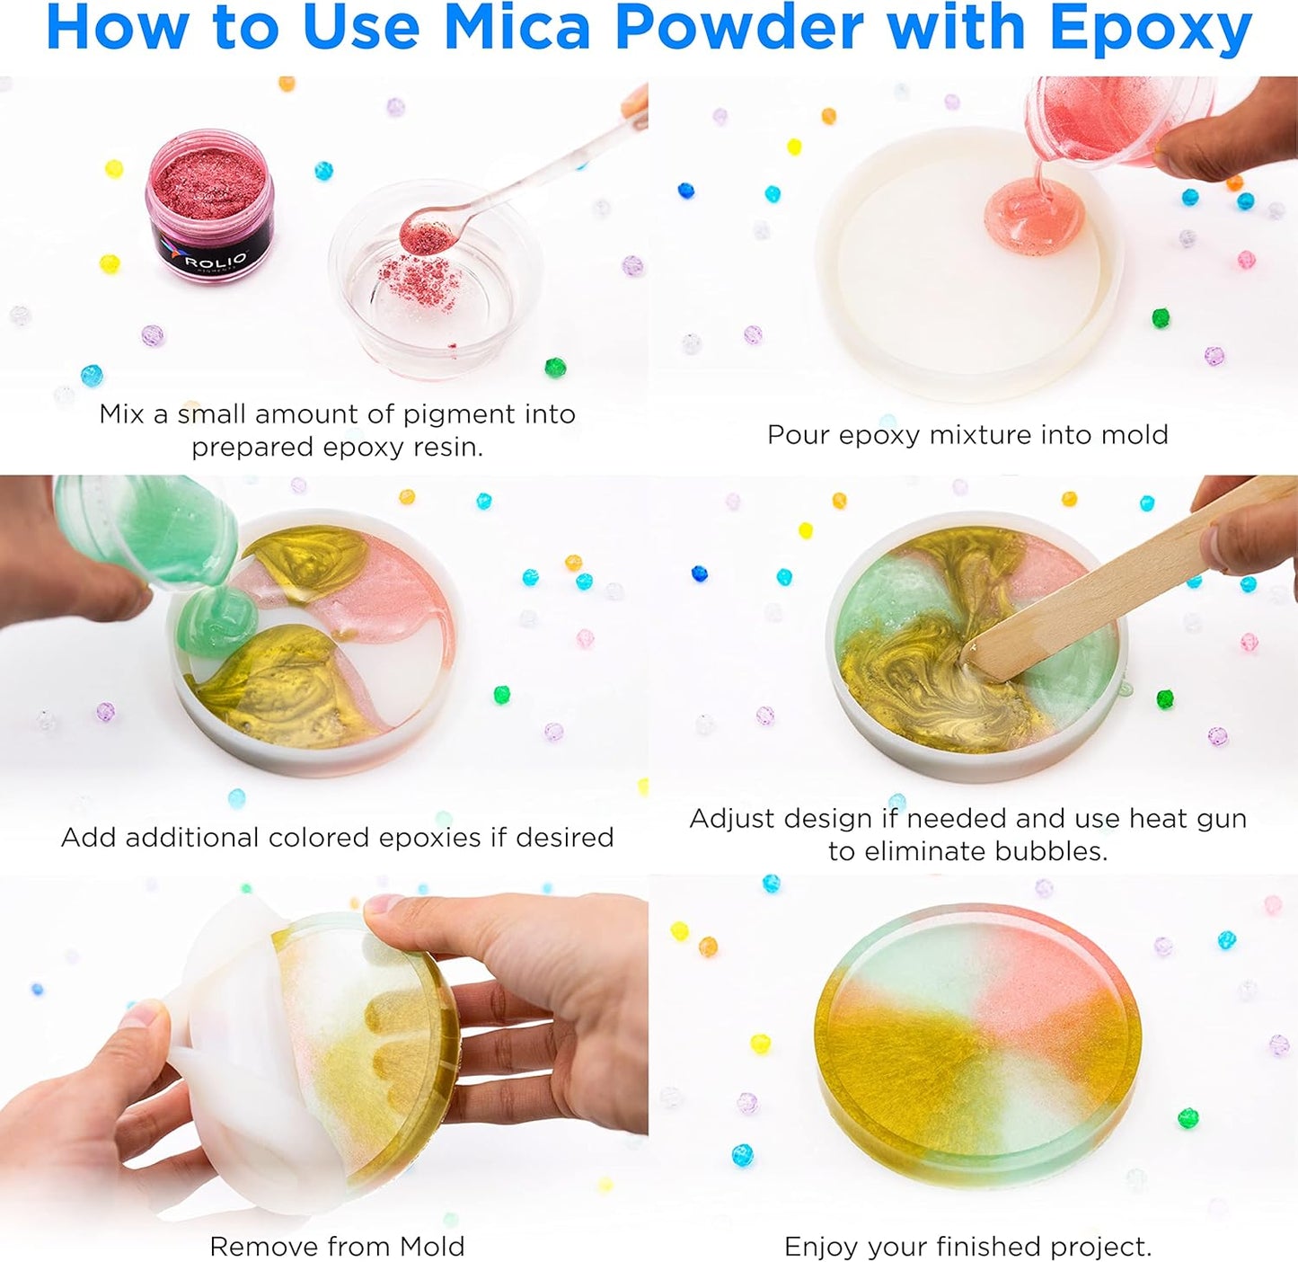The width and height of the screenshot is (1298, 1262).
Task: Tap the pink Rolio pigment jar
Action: click(210, 203)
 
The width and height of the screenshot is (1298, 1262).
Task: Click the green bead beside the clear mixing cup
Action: click(555, 367)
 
